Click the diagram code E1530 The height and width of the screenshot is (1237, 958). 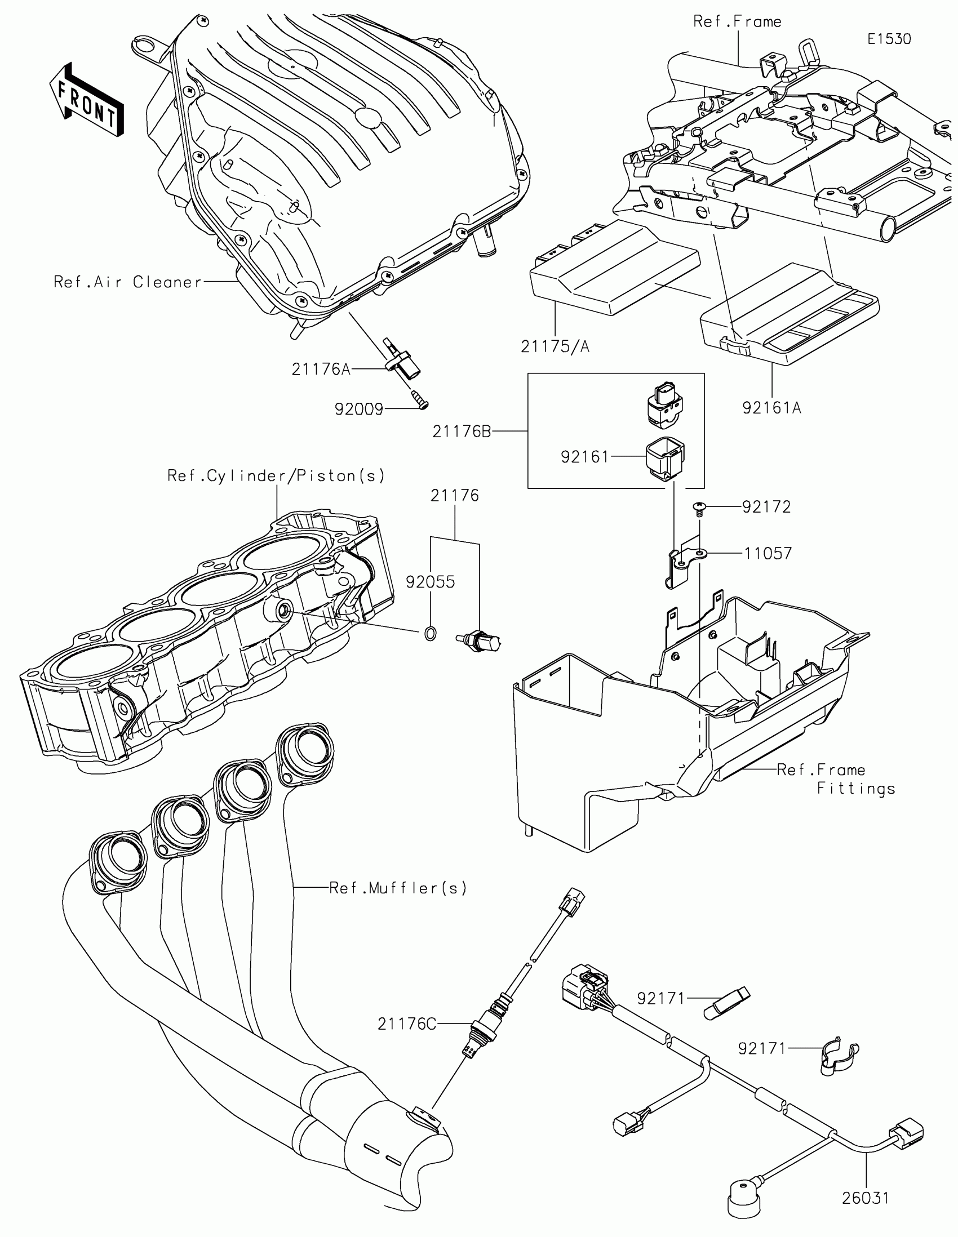click(889, 39)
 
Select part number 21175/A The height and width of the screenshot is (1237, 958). click(555, 346)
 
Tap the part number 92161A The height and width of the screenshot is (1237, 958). click(771, 407)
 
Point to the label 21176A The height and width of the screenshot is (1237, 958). click(321, 370)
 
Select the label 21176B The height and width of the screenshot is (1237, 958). click(462, 431)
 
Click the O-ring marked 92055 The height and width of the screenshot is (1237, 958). click(430, 633)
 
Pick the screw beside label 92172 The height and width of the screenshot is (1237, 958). click(701, 508)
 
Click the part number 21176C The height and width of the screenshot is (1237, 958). click(407, 1024)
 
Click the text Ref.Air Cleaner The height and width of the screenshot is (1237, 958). click(127, 282)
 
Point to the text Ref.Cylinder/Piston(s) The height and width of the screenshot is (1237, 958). click(276, 476)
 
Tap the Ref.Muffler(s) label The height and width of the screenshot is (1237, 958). click(398, 888)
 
